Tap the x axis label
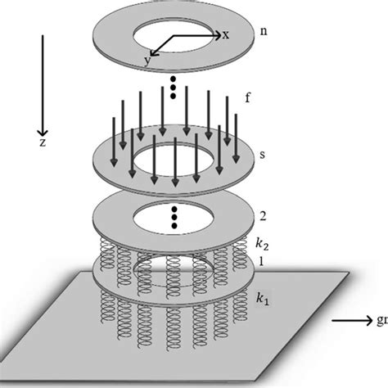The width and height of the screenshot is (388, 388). point(223,34)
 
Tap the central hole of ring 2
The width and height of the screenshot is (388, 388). point(174,222)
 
